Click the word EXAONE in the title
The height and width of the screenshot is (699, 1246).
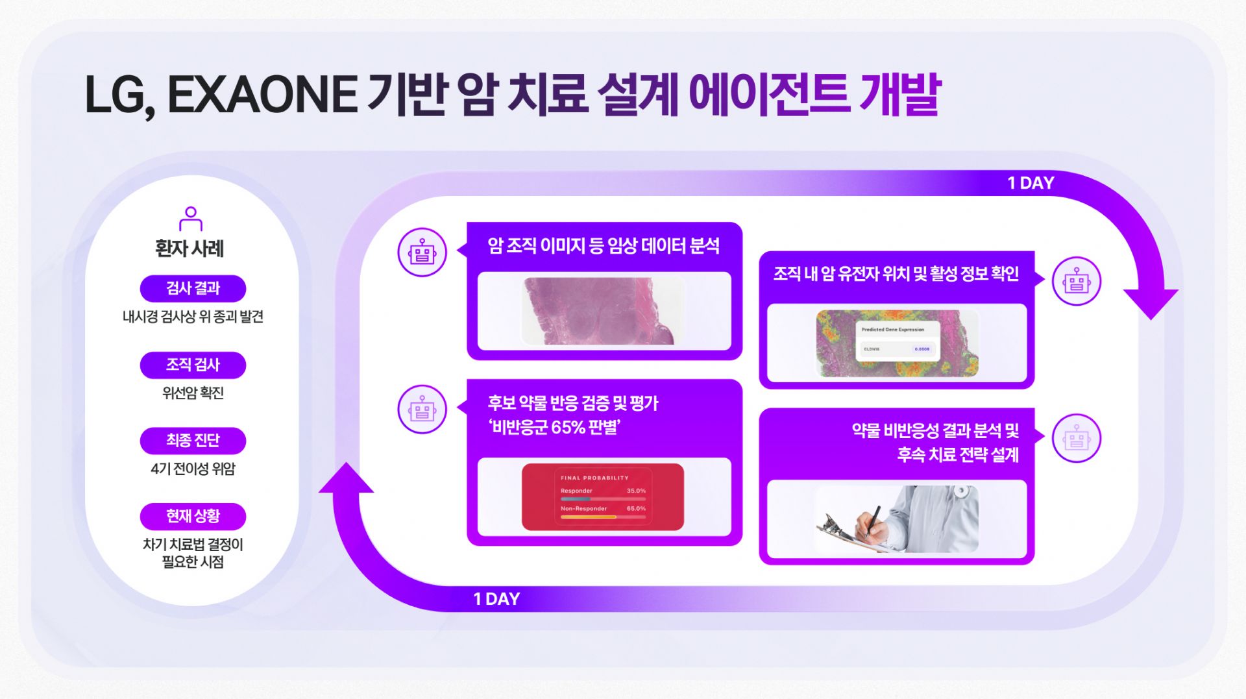coord(262,95)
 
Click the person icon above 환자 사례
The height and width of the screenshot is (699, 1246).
coord(191,219)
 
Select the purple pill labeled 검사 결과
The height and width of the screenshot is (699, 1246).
coord(193,288)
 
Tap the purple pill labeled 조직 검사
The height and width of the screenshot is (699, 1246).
coord(193,365)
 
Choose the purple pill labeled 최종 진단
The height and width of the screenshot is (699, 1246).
coord(193,441)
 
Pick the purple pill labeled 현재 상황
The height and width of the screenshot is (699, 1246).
coord(193,517)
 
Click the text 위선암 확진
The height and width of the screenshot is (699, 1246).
coord(193,393)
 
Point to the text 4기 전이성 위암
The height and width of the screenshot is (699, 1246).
coord(193,469)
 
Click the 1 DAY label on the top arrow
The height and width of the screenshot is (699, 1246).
coord(1031,184)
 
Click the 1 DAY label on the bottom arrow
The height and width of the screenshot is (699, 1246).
coord(496,599)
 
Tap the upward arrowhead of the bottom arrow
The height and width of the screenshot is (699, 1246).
coord(347,478)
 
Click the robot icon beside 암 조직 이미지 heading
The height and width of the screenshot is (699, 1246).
coord(422,252)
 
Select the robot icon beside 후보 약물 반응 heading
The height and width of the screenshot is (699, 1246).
coord(422,410)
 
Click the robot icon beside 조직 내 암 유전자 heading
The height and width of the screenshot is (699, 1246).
coord(1076,281)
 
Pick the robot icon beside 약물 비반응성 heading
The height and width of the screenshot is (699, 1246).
coord(1076,439)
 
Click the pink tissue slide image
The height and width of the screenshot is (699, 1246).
coord(602,311)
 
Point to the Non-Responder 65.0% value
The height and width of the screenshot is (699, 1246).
coord(636,509)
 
